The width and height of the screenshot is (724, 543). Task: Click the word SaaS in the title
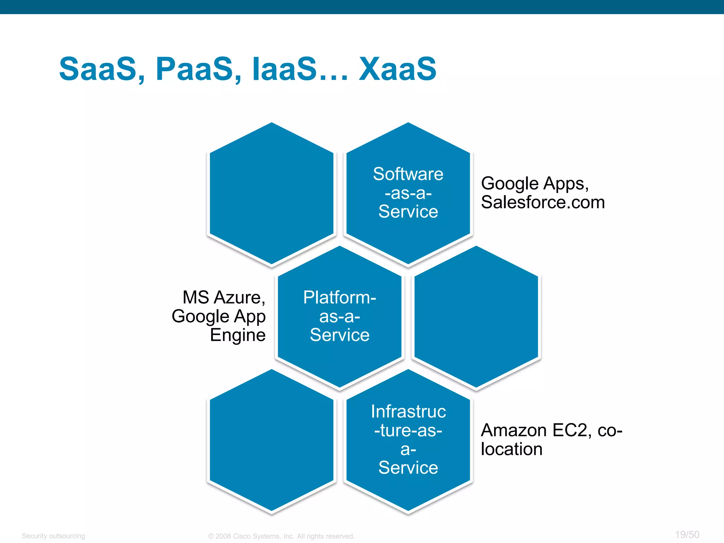98,69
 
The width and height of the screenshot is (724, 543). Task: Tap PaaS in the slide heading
194,69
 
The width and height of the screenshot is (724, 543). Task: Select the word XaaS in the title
397,69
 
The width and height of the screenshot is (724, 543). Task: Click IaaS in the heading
285,69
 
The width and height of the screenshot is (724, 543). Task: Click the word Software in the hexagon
408,174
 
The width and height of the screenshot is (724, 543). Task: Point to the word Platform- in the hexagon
339,297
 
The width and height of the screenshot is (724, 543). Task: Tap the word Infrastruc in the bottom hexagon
408,411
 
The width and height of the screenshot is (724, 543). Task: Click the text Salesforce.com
543,202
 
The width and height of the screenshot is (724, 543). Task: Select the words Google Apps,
535,183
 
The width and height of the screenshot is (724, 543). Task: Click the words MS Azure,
224,297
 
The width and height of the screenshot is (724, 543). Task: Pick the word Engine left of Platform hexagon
238,335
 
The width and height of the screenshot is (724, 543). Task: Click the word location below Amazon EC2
511,449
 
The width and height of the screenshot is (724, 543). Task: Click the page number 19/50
687,535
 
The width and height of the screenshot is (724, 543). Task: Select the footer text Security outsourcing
53,536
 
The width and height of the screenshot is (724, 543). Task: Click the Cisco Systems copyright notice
281,536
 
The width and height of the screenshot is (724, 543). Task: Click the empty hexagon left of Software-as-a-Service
271,193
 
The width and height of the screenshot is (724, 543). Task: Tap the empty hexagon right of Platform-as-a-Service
476,317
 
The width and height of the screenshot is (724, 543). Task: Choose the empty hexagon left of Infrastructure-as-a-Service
271,440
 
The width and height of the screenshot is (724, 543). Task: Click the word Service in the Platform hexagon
339,335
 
